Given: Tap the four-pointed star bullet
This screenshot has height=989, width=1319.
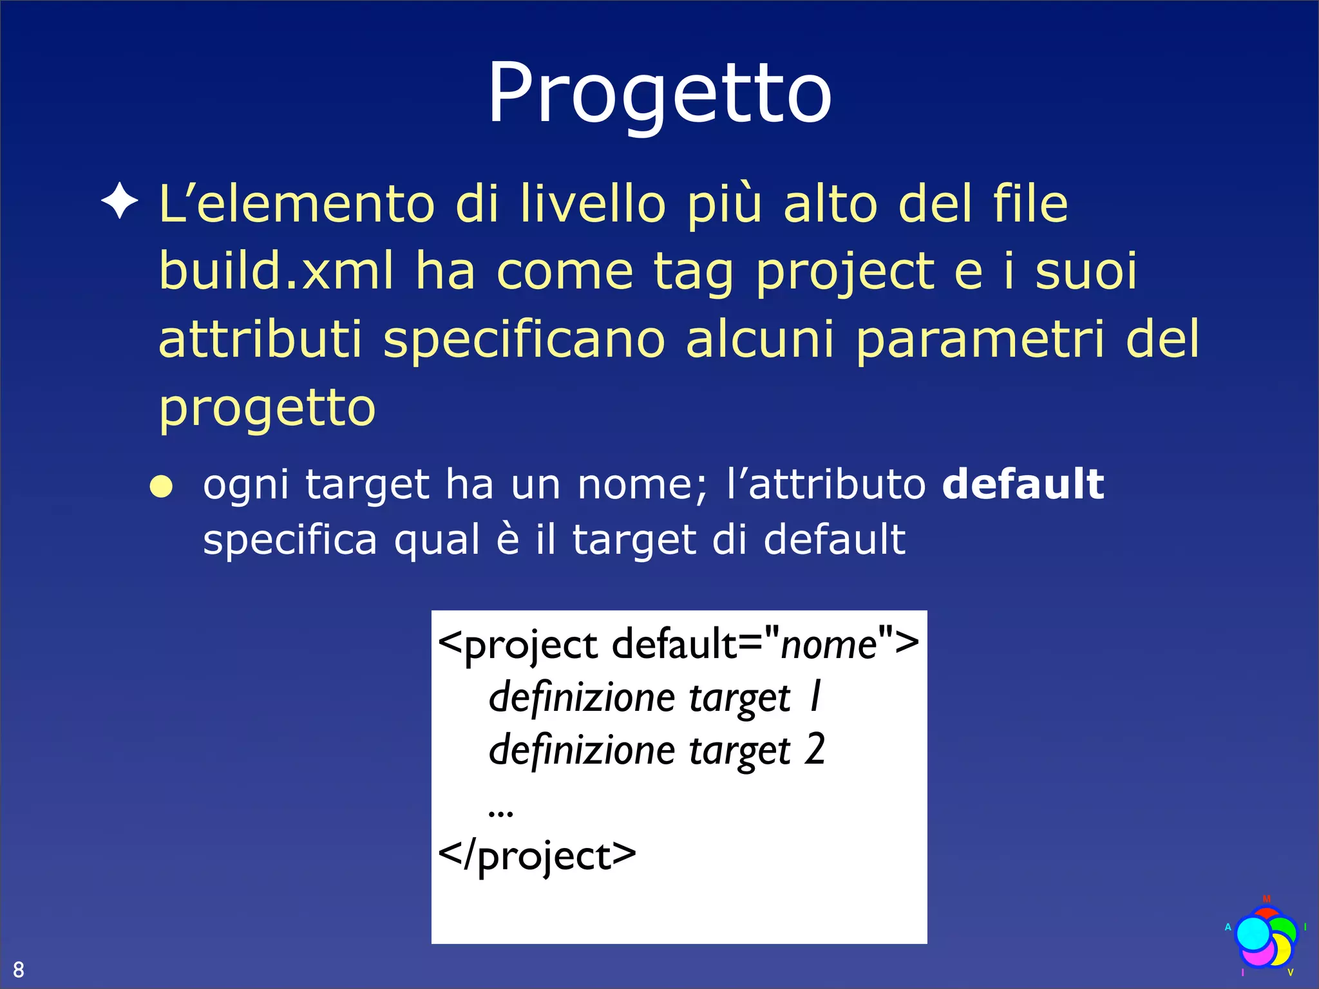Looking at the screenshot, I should [x=120, y=202].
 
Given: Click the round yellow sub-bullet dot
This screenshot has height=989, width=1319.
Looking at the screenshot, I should [x=161, y=487].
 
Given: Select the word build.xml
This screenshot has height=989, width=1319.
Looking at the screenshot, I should [x=276, y=270].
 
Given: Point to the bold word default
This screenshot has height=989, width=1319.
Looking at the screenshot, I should [x=1023, y=484].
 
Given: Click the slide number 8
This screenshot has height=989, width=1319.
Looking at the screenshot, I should [x=19, y=969].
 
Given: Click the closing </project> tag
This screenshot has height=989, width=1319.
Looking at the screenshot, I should [x=536, y=856].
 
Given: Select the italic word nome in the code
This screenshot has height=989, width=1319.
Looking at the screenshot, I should [x=828, y=644].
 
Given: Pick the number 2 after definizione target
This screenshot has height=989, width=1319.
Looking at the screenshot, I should [x=815, y=749].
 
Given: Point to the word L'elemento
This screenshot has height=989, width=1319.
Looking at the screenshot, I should [x=297, y=203].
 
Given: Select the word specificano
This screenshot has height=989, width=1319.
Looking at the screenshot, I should [x=524, y=339].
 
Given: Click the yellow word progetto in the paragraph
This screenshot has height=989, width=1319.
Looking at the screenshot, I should [x=267, y=408].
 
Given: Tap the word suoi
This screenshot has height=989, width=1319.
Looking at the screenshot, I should [x=1086, y=270].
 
